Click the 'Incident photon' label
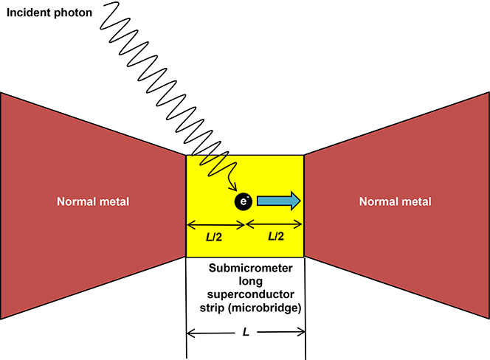tap(46, 13)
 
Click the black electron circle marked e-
tap(244, 201)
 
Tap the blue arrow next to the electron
tap(278, 201)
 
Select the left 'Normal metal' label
tap(92, 201)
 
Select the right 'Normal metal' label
tap(395, 201)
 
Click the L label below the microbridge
tap(244, 334)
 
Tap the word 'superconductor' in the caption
tap(244, 294)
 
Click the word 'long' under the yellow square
tap(244, 280)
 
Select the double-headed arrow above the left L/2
tap(215, 223)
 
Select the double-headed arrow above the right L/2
tap(274, 223)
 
